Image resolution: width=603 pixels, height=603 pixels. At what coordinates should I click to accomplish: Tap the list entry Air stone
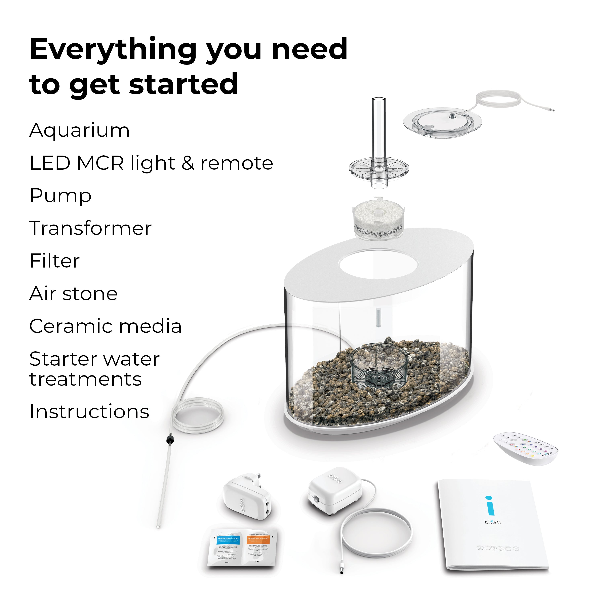pyautogui.click(x=73, y=294)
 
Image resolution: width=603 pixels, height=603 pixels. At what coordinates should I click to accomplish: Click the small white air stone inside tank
pyautogui.click(x=378, y=317)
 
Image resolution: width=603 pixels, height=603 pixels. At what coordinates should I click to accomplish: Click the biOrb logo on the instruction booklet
pyautogui.click(x=492, y=522)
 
